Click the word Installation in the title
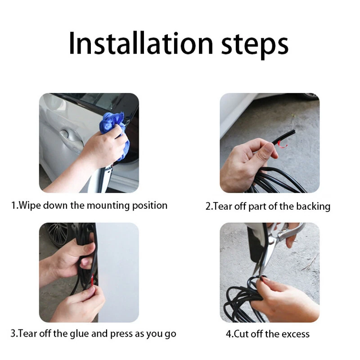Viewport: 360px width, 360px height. click(x=141, y=44)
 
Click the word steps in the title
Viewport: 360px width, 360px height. click(x=255, y=46)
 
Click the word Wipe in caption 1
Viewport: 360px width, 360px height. click(x=30, y=205)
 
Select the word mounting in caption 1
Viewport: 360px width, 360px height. click(x=108, y=206)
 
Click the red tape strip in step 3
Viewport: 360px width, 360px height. click(x=93, y=280)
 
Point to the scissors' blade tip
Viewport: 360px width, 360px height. click(x=254, y=274)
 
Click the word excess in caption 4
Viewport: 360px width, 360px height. click(x=296, y=334)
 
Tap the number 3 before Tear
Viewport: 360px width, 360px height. click(x=13, y=333)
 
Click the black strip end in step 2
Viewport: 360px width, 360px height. click(x=293, y=132)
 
